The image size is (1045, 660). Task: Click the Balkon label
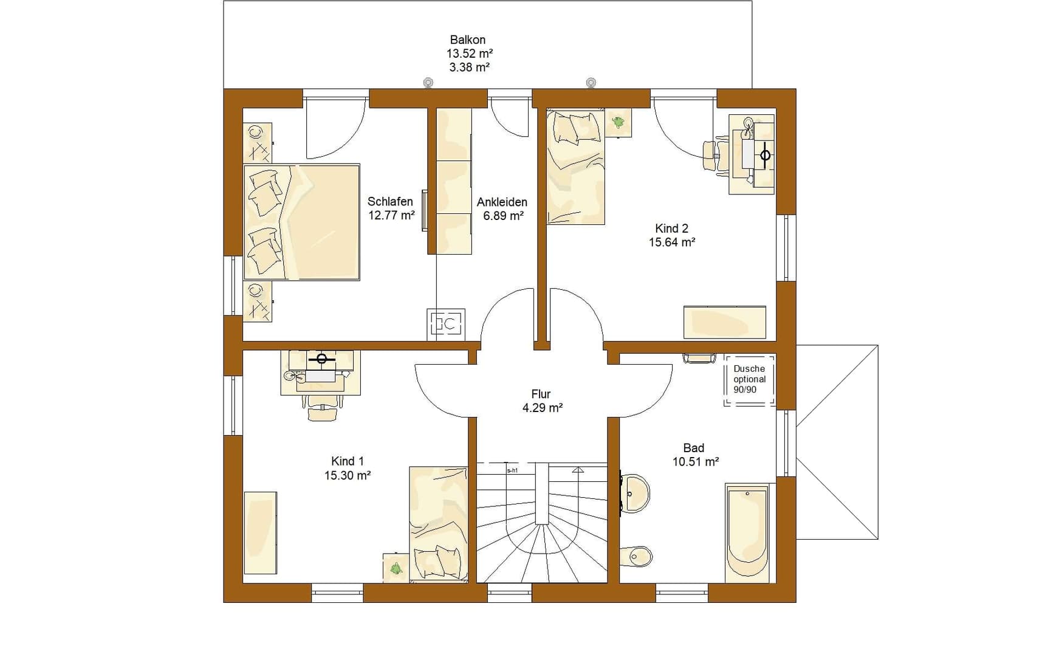click(468, 40)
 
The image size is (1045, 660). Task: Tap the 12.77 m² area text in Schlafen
click(391, 215)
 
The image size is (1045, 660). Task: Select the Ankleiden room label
click(502, 202)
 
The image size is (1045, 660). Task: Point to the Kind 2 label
click(671, 229)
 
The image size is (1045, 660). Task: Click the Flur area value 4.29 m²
click(543, 408)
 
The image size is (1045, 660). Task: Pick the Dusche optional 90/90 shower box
click(750, 380)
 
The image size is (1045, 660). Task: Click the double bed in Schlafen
click(302, 222)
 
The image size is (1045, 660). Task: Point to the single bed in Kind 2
click(575, 167)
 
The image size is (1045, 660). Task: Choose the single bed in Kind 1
click(439, 524)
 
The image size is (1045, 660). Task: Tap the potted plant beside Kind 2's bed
click(618, 122)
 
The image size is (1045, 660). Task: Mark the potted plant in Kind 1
click(396, 568)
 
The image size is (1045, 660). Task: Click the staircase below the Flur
click(542, 523)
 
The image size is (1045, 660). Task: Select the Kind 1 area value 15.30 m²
click(348, 475)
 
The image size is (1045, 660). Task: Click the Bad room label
click(694, 448)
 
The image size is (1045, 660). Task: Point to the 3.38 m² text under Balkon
click(470, 67)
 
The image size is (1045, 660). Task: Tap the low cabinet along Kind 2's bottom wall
click(725, 322)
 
